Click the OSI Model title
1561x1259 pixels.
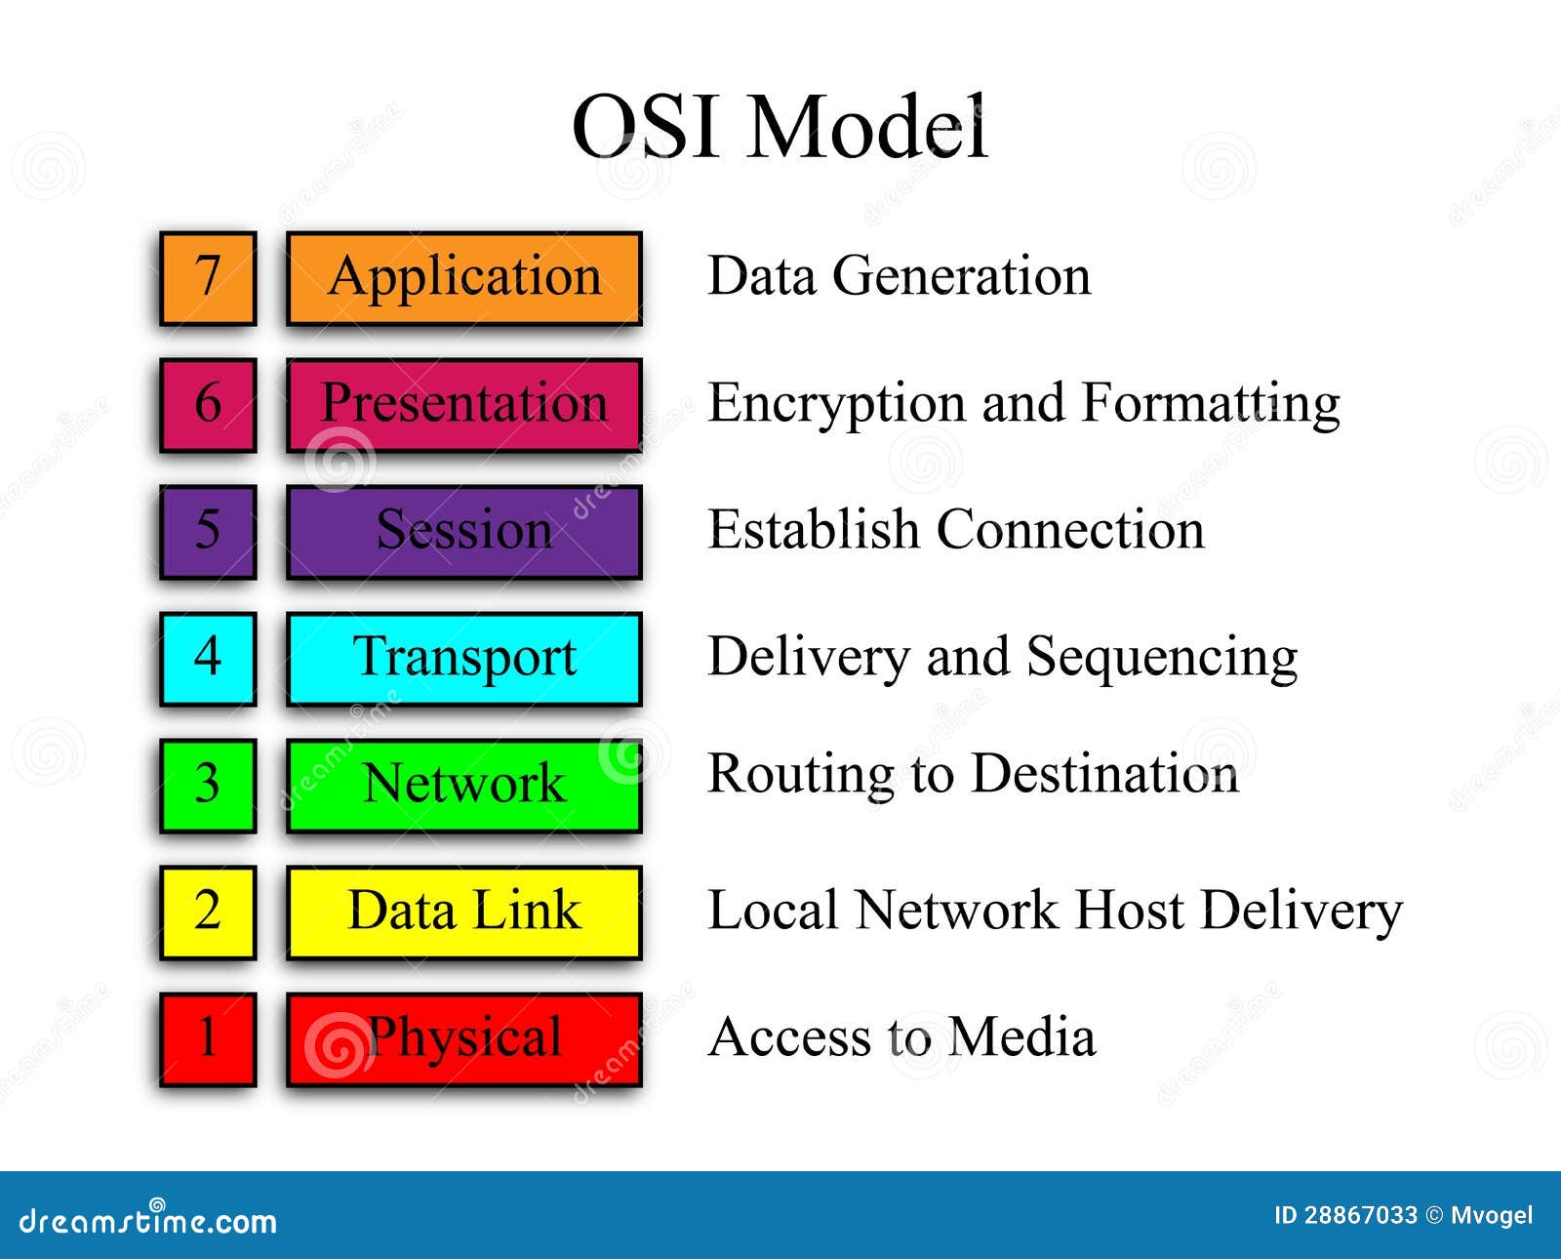click(x=780, y=127)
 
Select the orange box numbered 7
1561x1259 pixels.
click(x=208, y=278)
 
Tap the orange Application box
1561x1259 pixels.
click(x=464, y=278)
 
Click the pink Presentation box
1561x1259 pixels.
click(x=464, y=404)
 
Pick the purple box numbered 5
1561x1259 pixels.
click(x=208, y=531)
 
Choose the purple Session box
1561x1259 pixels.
click(x=464, y=531)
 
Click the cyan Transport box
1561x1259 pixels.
click(x=464, y=658)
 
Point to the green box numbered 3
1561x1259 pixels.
click(x=208, y=785)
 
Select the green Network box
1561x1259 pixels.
click(x=464, y=785)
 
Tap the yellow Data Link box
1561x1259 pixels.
click(x=464, y=912)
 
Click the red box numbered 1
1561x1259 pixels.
click(x=208, y=1038)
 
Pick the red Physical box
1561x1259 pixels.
click(x=464, y=1038)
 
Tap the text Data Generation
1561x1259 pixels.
click(x=899, y=275)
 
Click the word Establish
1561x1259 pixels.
click(x=813, y=530)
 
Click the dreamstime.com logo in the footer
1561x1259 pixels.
click(x=147, y=1220)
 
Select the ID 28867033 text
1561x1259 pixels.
click(x=1345, y=1215)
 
